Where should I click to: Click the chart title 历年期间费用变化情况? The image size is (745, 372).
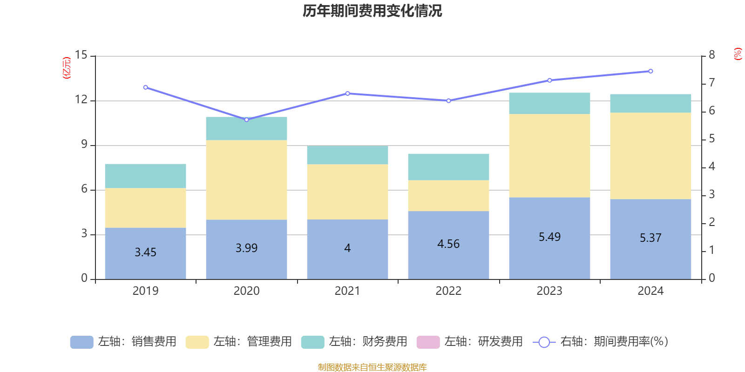[x=372, y=11]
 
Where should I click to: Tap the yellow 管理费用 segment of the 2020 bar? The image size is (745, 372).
[x=246, y=179]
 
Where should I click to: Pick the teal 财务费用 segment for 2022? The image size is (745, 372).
[x=448, y=166]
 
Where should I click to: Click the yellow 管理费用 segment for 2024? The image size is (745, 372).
[x=650, y=156]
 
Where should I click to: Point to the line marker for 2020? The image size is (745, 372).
[x=246, y=120]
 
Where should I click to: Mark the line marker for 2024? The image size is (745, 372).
[x=650, y=71]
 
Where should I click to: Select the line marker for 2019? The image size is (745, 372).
[x=145, y=87]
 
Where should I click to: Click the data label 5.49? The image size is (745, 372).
[x=549, y=237]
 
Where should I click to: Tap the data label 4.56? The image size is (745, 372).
[x=448, y=244]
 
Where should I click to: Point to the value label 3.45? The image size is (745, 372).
[x=145, y=252]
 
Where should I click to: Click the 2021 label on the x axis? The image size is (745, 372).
[x=347, y=291]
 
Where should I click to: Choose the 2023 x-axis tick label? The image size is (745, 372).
[x=549, y=291]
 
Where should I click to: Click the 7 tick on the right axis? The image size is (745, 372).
[x=711, y=83]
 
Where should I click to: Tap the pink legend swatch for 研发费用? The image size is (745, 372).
[x=428, y=342]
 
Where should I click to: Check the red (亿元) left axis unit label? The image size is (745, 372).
[x=67, y=68]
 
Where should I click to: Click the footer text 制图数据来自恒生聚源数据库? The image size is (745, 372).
[x=372, y=367]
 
